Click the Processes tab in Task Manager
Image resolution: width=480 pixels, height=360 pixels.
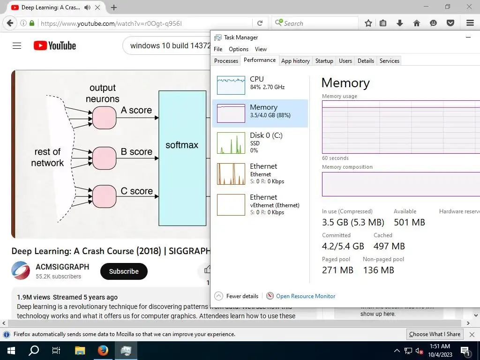[226, 61]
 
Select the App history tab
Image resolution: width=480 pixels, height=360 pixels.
[295, 61]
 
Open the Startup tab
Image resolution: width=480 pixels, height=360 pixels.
[324, 61]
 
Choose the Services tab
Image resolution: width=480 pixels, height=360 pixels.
[389, 61]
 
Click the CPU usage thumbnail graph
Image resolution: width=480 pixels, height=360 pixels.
[231, 85]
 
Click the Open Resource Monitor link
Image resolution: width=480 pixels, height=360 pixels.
[306, 296]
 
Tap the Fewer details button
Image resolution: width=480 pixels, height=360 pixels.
[237, 296]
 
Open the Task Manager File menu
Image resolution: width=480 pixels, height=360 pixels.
[218, 49]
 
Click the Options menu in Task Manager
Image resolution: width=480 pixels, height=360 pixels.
[239, 49]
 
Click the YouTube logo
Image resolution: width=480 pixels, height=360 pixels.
[55, 45]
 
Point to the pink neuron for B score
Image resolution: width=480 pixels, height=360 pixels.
[104, 158]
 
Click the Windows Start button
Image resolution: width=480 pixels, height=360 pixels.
[11, 351]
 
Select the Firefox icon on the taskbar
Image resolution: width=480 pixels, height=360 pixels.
[103, 351]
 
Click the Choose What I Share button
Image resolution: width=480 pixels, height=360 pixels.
[435, 334]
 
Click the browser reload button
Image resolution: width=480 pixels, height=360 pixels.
[260, 23]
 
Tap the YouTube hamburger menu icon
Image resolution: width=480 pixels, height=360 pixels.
[17, 45]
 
